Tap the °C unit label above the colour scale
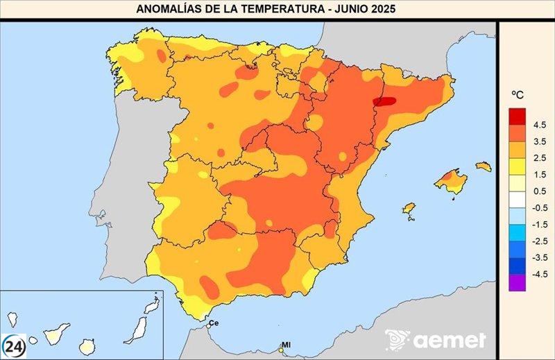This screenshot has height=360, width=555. [x=518, y=94]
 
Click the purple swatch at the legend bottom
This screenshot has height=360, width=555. [x=517, y=282]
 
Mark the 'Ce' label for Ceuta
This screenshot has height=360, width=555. [x=214, y=323]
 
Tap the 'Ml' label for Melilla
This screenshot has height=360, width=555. [x=286, y=345]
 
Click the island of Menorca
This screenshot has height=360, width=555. [x=484, y=166]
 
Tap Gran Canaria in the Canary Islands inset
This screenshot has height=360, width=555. [x=87, y=345]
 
